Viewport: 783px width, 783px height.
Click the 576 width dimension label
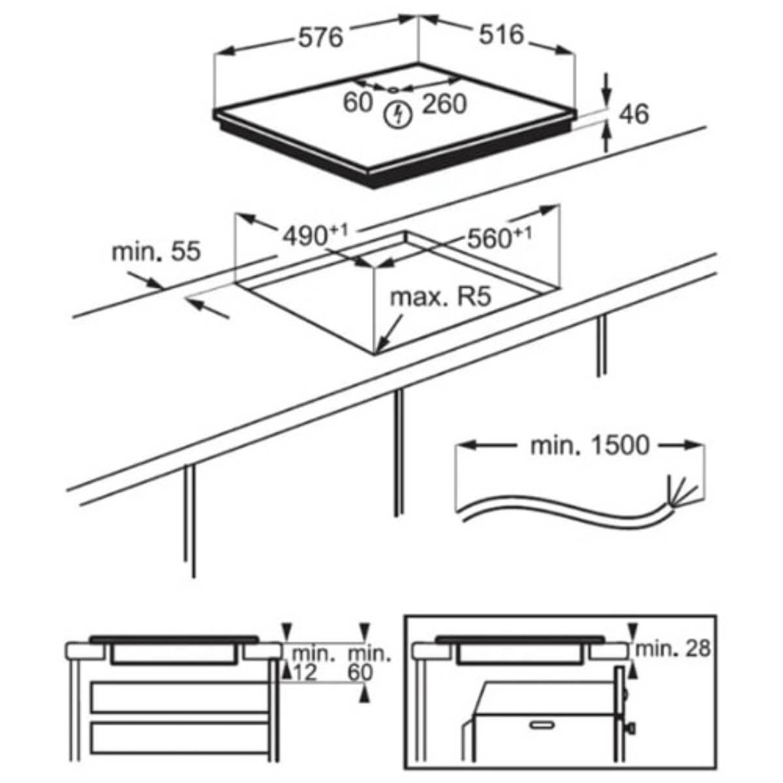tap(321, 38)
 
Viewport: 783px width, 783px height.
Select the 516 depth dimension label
tap(501, 35)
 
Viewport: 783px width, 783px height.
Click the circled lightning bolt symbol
tap(398, 115)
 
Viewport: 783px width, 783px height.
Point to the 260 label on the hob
tap(444, 104)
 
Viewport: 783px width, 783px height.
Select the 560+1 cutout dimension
tap(499, 237)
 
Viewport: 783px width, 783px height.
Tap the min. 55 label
tap(156, 251)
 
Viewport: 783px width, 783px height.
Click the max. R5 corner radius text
tap(441, 297)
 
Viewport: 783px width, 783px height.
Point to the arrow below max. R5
tap(389, 334)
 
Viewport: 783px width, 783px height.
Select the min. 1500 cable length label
tap(590, 446)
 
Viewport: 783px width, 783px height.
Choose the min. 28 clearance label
tap(673, 649)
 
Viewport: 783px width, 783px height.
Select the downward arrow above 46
tap(607, 89)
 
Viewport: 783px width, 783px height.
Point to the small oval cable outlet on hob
tap(392, 90)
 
